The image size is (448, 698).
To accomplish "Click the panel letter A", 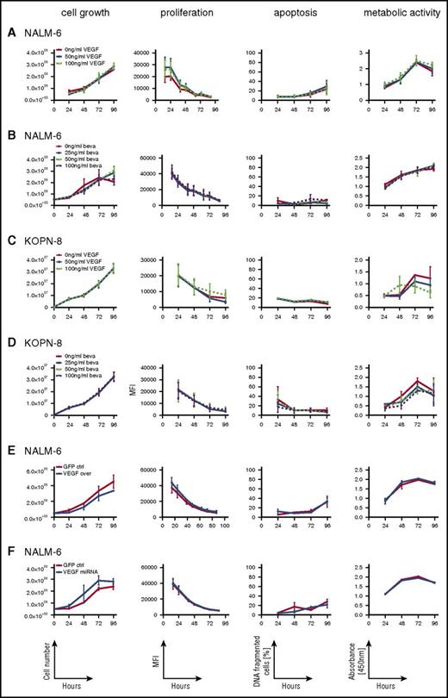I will tap(9, 35).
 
